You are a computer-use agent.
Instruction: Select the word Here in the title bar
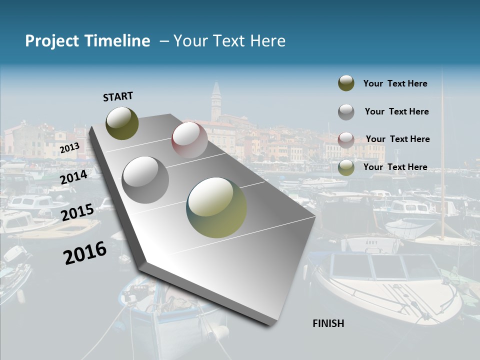tap(267, 41)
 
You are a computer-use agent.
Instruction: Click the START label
tap(118, 96)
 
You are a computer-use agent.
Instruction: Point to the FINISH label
tap(328, 323)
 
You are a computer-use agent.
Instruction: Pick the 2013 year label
tap(69, 148)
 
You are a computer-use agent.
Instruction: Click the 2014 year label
tap(74, 177)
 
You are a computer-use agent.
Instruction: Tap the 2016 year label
tap(85, 253)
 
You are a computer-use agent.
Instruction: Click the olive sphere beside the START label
tap(122, 123)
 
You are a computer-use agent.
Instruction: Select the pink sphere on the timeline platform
tap(189, 140)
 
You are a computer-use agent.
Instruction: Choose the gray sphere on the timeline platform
tap(145, 180)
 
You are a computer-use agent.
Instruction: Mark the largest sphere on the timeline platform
tap(216, 207)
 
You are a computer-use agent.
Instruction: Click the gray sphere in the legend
tap(346, 112)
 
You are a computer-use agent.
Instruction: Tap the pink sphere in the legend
tap(346, 139)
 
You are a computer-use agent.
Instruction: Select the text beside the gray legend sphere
tap(396, 111)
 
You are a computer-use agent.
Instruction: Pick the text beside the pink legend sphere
tap(397, 139)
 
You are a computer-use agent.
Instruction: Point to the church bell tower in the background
tap(215, 102)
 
